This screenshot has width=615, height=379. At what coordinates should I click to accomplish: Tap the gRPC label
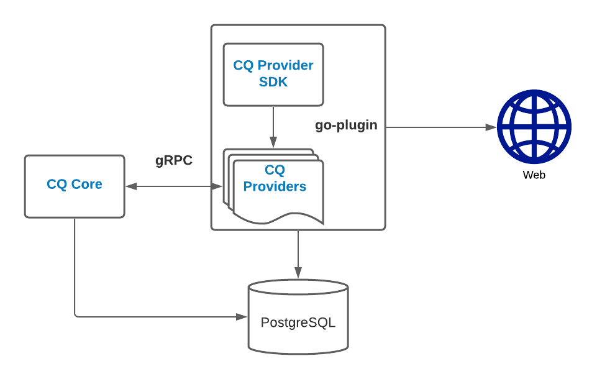click(174, 161)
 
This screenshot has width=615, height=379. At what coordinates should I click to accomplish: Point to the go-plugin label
click(346, 125)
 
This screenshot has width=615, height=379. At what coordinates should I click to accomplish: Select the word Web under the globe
click(534, 175)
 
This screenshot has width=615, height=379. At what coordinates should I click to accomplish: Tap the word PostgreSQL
click(298, 323)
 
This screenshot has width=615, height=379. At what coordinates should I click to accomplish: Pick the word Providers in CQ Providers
click(275, 186)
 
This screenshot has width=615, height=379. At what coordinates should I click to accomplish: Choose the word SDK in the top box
click(273, 81)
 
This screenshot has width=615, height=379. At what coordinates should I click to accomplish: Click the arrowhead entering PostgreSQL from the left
click(243, 316)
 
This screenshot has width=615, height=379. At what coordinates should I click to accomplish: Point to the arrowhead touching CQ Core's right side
click(130, 186)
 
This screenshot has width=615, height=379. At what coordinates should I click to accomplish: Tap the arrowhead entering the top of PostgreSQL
click(298, 273)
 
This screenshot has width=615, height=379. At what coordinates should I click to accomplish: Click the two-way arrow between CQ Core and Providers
click(174, 186)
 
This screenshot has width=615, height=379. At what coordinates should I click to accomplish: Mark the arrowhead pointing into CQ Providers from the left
click(218, 186)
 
